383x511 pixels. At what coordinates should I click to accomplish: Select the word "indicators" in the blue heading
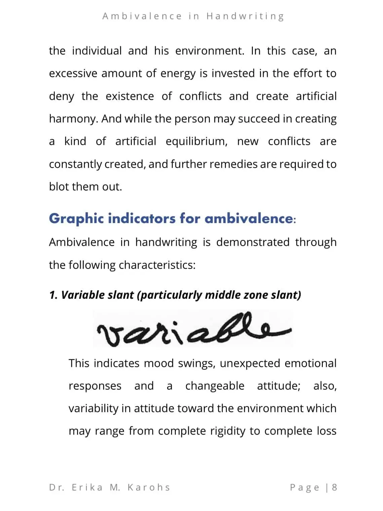(x=141, y=219)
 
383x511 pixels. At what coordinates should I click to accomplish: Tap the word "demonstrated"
(x=253, y=242)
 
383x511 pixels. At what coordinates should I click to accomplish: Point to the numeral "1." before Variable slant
(x=53, y=295)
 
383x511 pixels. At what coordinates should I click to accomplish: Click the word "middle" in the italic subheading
(x=222, y=295)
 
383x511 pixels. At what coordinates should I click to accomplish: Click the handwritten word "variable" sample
(x=193, y=329)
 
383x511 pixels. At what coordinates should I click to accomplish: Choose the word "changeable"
(x=215, y=386)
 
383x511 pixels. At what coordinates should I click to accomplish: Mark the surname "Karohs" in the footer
(x=149, y=487)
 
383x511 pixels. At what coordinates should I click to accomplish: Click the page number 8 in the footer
(x=334, y=487)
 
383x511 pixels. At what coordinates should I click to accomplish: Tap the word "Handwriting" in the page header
(x=245, y=16)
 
